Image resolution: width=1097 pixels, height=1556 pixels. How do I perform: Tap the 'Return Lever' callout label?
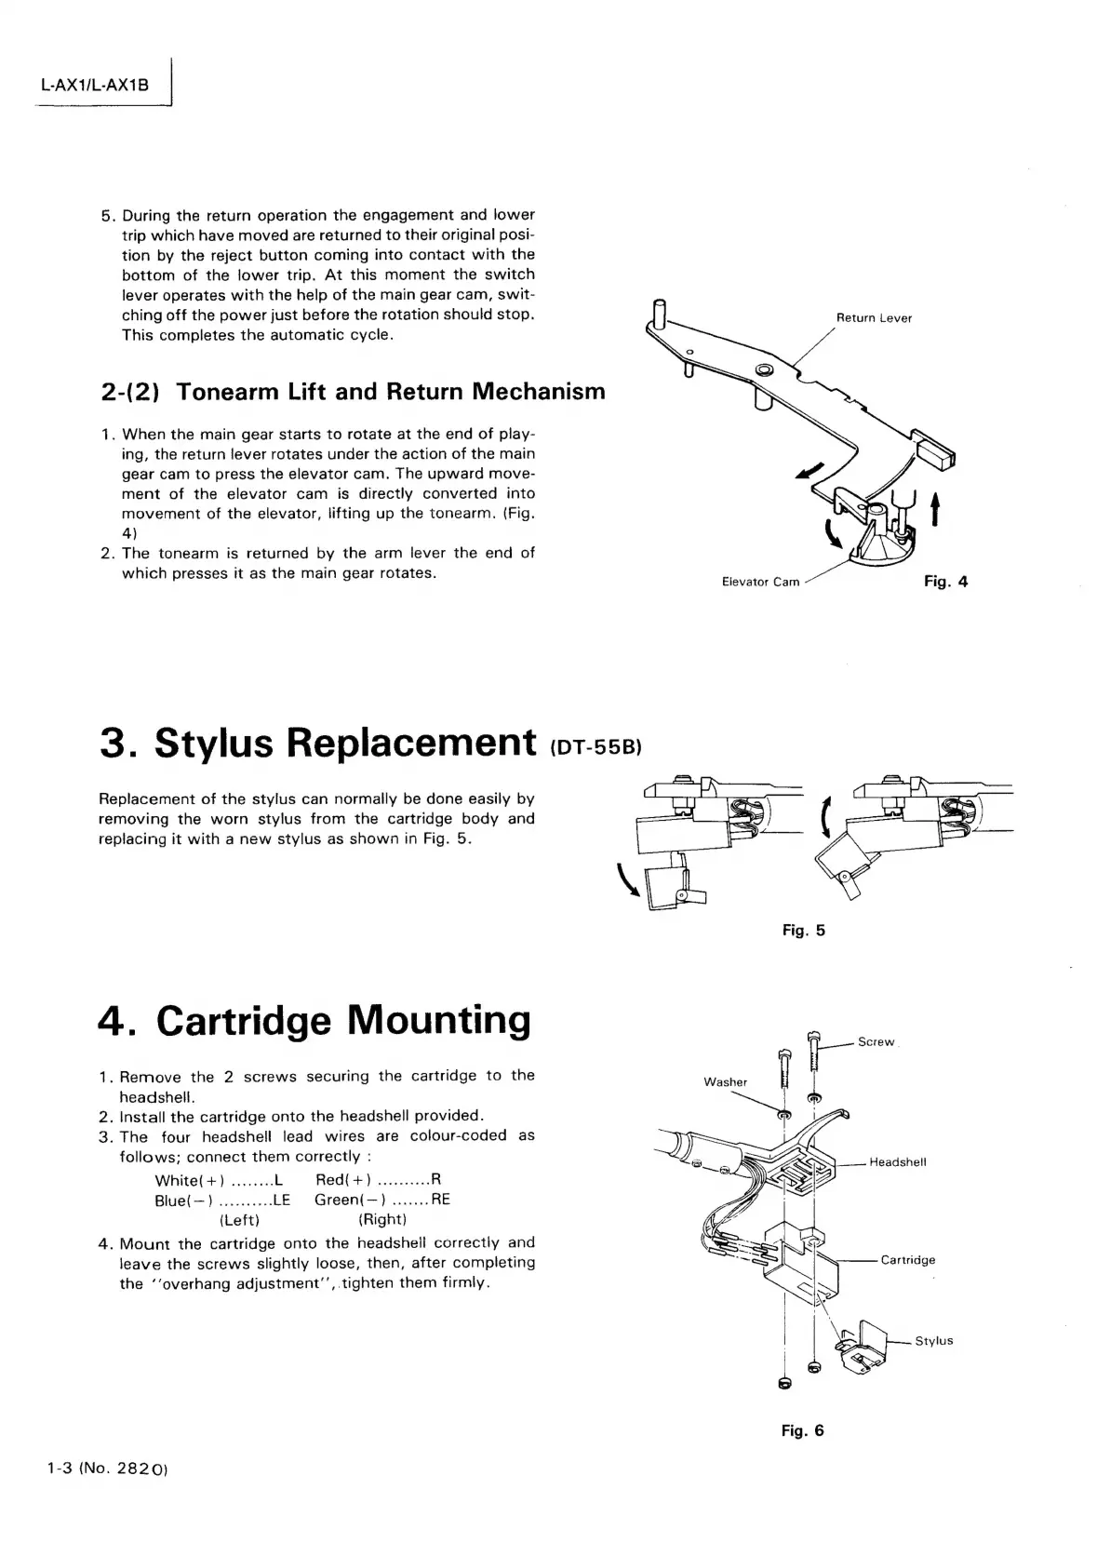[x=874, y=318]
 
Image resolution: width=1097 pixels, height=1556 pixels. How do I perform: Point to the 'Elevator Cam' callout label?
[x=760, y=583]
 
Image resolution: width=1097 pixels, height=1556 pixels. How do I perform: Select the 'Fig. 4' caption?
[x=945, y=582]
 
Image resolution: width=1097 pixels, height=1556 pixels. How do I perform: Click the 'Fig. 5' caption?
[x=803, y=931]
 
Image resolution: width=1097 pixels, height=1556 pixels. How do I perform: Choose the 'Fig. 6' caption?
[x=802, y=1430]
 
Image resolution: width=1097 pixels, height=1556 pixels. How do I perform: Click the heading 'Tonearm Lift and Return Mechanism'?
[x=391, y=392]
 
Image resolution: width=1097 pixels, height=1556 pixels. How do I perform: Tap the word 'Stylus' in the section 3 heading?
[x=214, y=743]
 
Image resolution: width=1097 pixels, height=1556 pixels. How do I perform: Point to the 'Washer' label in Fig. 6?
[x=725, y=1082]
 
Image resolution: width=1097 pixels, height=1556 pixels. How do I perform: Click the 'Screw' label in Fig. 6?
[x=876, y=1042]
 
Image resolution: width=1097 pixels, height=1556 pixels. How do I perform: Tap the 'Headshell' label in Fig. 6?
[x=897, y=1162]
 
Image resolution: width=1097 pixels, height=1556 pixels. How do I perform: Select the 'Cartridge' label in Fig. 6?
[x=907, y=1260]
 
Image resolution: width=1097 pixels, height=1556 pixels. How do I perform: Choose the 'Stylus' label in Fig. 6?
[x=933, y=1341]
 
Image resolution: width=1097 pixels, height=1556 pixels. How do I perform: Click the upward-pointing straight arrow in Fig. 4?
[x=933, y=510]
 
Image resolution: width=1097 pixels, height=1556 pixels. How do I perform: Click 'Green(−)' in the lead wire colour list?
[x=343, y=1201]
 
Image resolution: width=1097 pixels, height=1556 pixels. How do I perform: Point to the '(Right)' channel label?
[x=382, y=1220]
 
